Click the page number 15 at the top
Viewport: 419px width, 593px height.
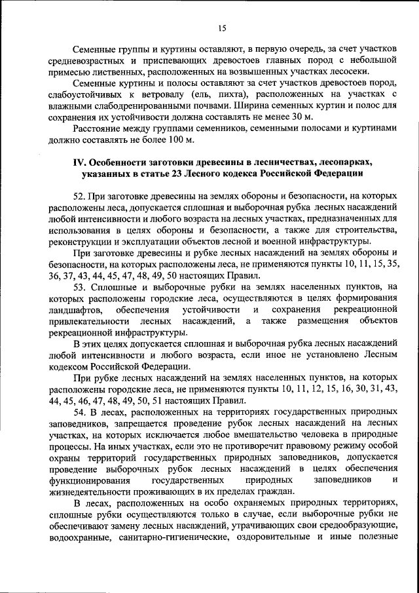tap(222, 28)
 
